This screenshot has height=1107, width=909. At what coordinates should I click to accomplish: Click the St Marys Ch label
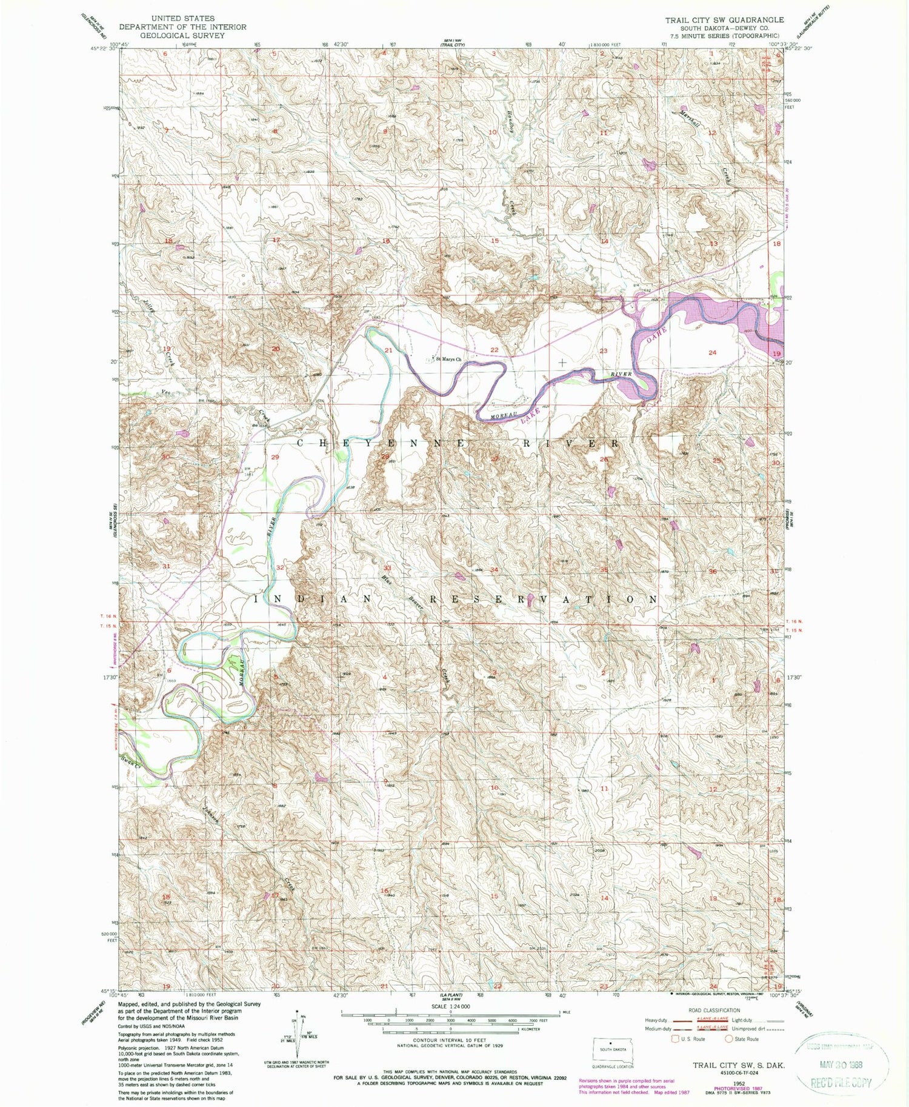(449, 359)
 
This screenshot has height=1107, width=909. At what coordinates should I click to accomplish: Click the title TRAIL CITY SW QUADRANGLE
(724, 20)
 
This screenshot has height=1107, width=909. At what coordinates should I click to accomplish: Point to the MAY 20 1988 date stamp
(842, 1064)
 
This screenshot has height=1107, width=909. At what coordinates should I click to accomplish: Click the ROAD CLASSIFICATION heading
(714, 1010)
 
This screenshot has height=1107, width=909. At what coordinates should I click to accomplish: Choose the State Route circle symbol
(730, 1038)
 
